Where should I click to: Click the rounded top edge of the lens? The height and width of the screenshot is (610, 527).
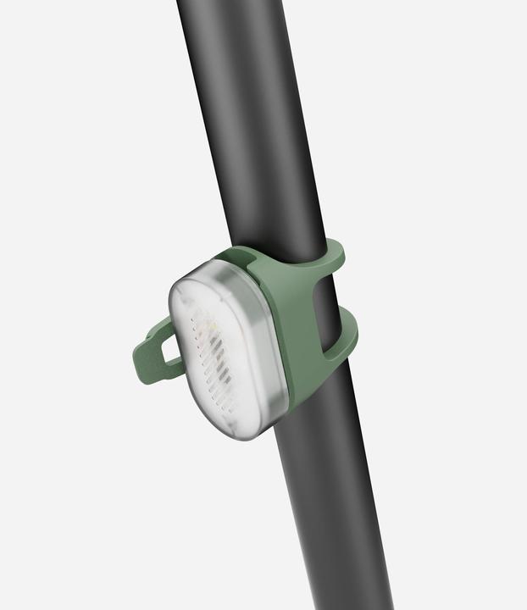[x=212, y=269]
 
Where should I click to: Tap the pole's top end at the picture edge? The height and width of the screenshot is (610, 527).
[x=220, y=3]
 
